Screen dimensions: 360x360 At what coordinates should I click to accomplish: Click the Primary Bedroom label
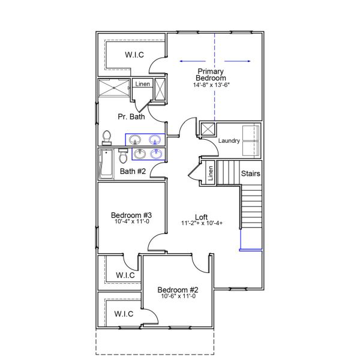click(211, 75)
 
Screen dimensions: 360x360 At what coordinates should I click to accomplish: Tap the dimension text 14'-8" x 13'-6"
click(211, 85)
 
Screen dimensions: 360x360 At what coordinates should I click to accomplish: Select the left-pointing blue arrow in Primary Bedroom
click(191, 61)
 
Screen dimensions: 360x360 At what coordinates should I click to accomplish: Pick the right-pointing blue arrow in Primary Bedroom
click(237, 61)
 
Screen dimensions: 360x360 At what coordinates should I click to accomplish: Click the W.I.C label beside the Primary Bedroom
click(134, 55)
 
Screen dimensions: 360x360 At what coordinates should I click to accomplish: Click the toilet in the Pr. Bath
click(107, 137)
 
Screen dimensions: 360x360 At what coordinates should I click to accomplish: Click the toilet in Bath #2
click(123, 157)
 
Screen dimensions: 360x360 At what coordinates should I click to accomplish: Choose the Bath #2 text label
click(133, 172)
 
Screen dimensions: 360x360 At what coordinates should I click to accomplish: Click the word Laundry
click(229, 141)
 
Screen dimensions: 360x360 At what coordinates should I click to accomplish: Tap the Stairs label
click(251, 173)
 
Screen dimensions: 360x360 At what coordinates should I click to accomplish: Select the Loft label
click(202, 217)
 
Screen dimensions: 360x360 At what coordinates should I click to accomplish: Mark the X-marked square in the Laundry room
click(208, 130)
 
